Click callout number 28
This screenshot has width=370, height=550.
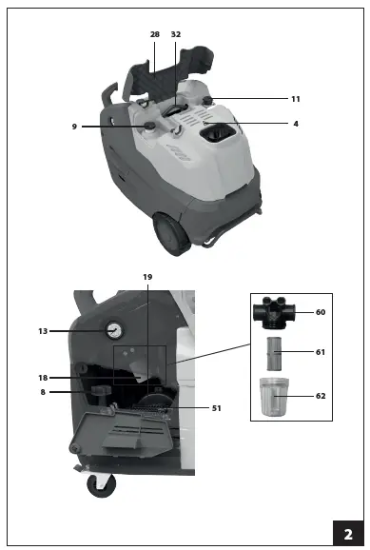[155, 33]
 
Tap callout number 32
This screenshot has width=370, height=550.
[176, 33]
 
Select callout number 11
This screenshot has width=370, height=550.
[295, 99]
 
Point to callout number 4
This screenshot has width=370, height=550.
[295, 123]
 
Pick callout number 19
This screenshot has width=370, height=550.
[147, 276]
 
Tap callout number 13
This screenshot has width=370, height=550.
[43, 331]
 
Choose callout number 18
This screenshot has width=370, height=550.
[43, 378]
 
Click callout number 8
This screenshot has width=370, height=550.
[43, 391]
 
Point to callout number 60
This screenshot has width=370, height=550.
[321, 312]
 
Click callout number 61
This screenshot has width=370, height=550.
[321, 352]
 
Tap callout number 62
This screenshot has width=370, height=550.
[321, 395]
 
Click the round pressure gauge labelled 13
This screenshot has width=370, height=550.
[114, 331]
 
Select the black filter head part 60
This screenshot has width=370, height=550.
[275, 312]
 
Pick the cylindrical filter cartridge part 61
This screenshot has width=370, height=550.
[274, 353]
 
